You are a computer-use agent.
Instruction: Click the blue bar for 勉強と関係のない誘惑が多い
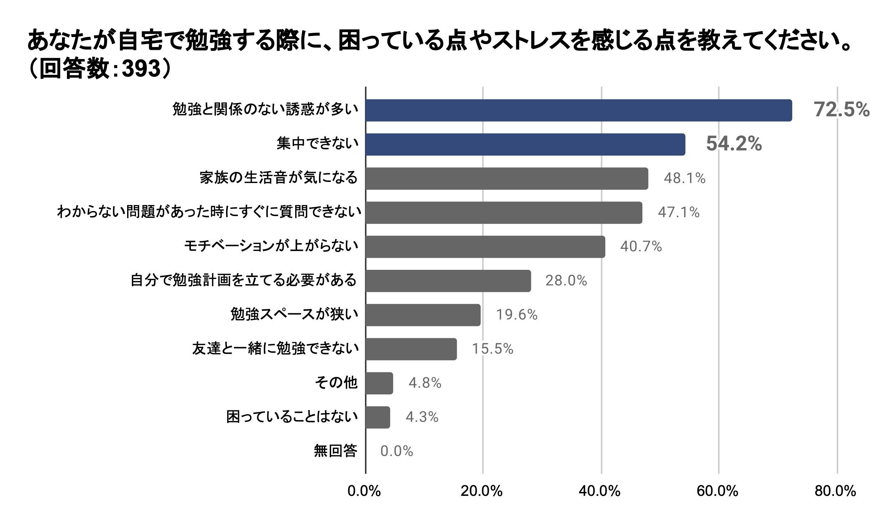click(579, 110)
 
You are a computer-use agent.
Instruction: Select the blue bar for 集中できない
click(526, 145)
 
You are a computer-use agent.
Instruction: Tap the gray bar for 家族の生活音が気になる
click(507, 178)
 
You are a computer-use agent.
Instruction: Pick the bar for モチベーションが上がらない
click(486, 247)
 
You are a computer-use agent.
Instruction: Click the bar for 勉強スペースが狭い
click(423, 315)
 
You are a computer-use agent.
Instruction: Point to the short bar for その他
click(380, 383)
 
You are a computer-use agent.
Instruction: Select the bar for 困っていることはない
click(378, 417)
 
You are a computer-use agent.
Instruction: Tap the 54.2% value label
click(734, 143)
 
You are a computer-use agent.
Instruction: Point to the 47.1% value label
click(679, 212)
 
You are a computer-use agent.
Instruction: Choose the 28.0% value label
click(566, 281)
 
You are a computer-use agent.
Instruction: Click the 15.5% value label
click(492, 349)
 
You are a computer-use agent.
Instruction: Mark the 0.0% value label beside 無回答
click(397, 451)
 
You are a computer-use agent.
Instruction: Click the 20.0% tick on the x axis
click(481, 491)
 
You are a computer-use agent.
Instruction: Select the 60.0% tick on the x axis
click(717, 491)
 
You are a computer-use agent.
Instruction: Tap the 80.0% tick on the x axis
click(835, 491)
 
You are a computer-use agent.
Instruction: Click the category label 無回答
click(335, 451)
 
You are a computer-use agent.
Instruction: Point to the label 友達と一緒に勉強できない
click(275, 349)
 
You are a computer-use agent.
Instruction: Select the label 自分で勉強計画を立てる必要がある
click(244, 280)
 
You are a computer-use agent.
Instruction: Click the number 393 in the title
click(141, 68)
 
